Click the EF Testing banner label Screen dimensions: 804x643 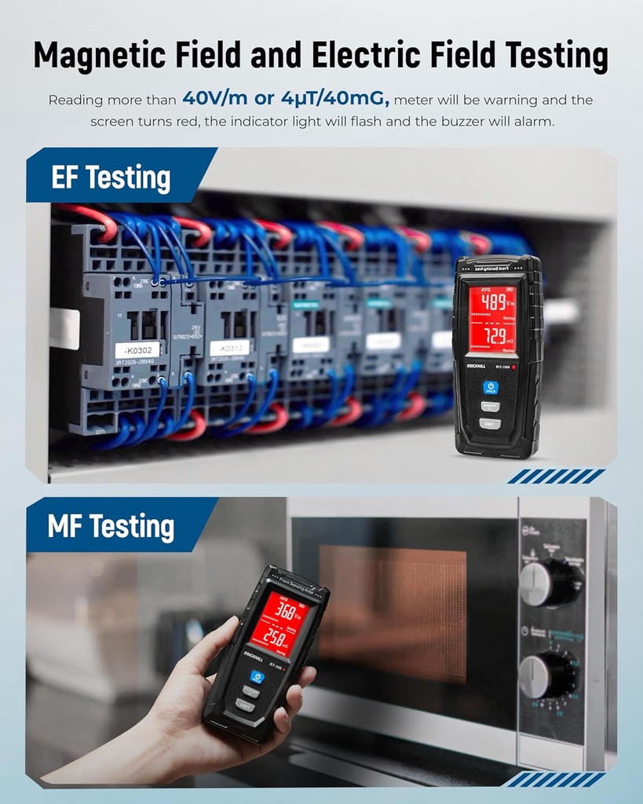[111, 178]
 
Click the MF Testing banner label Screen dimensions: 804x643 [111, 526]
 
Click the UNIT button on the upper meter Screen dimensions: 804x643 [490, 424]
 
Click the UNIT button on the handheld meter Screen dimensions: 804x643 [244, 704]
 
